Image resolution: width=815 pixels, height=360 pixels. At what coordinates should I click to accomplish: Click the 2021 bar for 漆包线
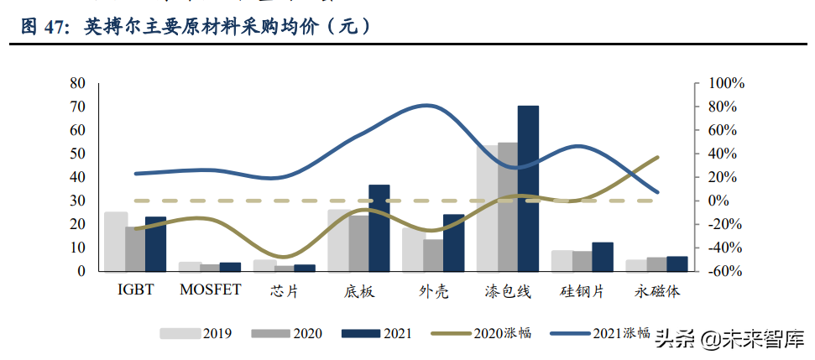click(528, 188)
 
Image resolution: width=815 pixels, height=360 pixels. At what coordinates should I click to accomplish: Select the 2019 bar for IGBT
click(116, 242)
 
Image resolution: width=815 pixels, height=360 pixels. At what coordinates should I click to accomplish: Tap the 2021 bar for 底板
click(379, 227)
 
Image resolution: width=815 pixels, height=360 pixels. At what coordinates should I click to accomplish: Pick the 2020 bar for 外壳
click(433, 255)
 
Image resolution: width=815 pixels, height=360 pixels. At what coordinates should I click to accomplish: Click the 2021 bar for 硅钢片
click(603, 257)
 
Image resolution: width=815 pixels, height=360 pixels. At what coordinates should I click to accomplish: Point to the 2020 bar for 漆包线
click(508, 206)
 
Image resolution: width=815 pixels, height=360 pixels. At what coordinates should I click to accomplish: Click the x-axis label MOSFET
click(210, 290)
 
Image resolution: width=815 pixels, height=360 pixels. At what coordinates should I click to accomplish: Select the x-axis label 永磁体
click(657, 291)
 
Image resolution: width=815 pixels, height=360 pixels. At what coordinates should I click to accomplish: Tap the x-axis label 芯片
click(285, 291)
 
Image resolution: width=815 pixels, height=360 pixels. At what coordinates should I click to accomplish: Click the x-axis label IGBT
click(135, 290)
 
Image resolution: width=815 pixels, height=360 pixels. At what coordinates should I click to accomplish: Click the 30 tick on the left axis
click(78, 201)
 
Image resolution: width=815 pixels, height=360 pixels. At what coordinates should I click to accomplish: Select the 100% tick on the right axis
click(727, 83)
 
